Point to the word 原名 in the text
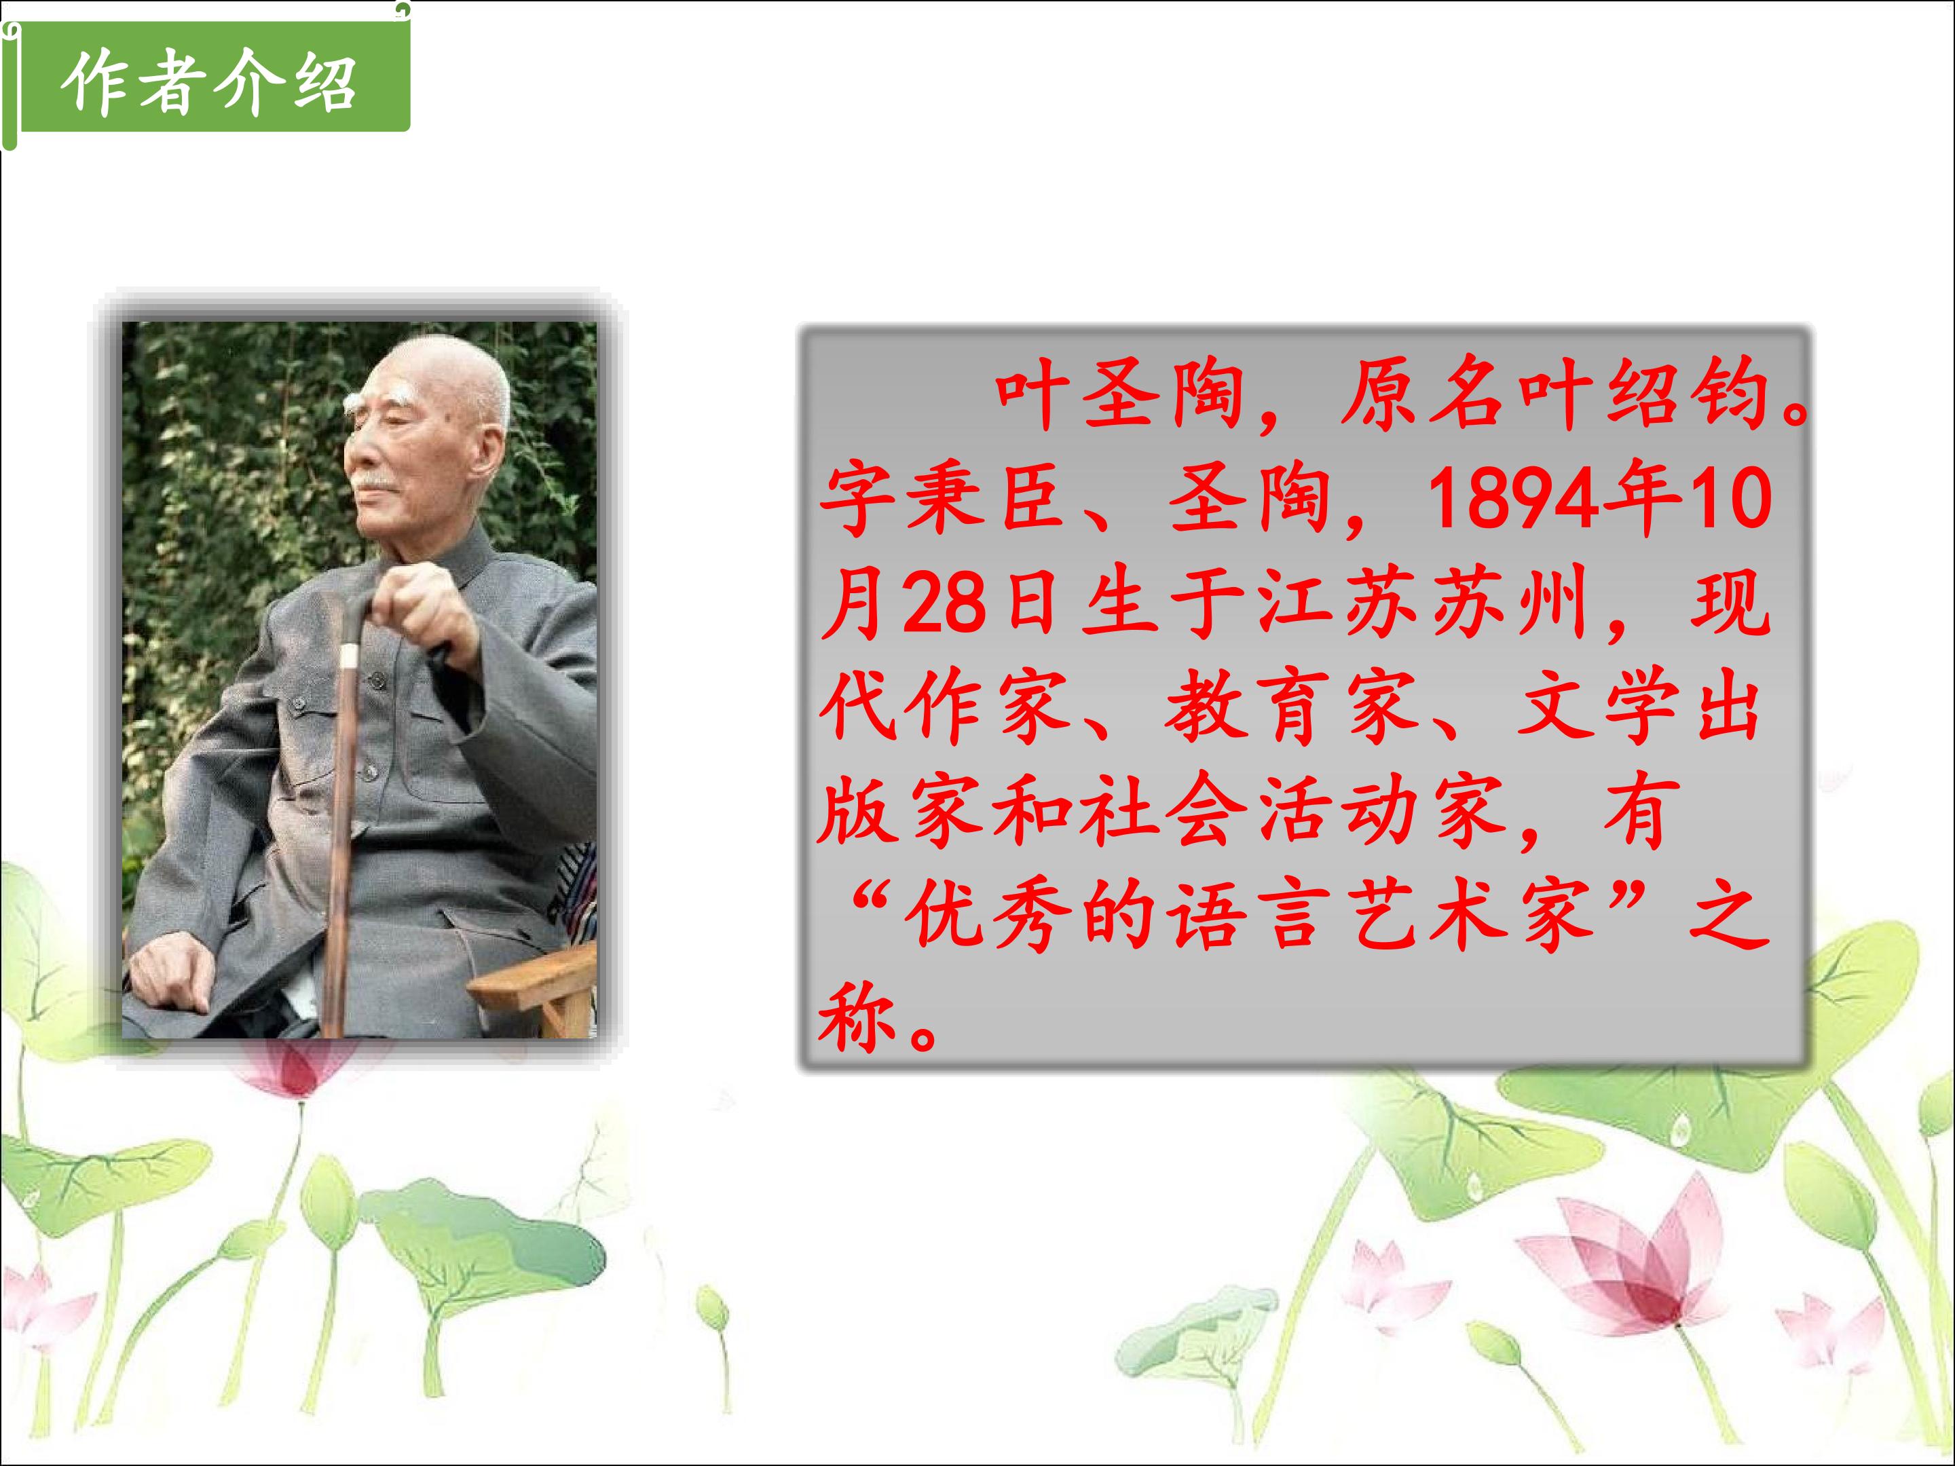coord(1423,395)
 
